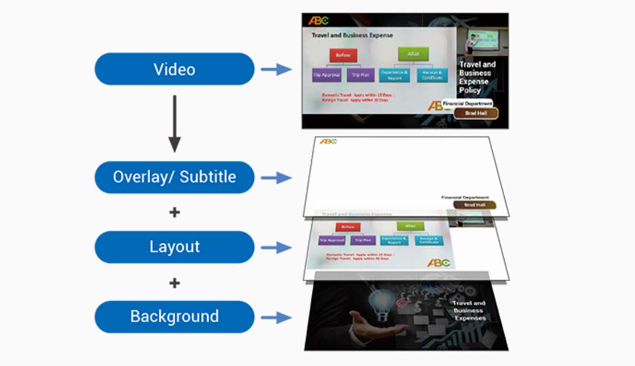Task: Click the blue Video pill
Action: pyautogui.click(x=174, y=69)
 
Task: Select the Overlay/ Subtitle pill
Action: pyautogui.click(x=174, y=177)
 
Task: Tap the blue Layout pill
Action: pyautogui.click(x=174, y=247)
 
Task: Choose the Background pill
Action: pyautogui.click(x=174, y=317)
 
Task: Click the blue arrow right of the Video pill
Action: pyautogui.click(x=276, y=69)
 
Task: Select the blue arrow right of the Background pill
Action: pyautogui.click(x=276, y=317)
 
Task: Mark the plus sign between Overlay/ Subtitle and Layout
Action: pyautogui.click(x=174, y=213)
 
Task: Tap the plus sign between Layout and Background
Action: pyautogui.click(x=174, y=282)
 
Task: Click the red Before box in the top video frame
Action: pyautogui.click(x=343, y=55)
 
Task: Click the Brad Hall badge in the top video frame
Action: pyautogui.click(x=476, y=113)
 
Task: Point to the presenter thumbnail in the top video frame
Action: pyautogui.click(x=476, y=43)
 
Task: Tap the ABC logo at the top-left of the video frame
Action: pyautogui.click(x=318, y=21)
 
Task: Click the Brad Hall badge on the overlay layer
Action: pyautogui.click(x=475, y=205)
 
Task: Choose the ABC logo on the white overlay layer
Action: pyautogui.click(x=328, y=142)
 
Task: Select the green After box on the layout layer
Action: pyautogui.click(x=410, y=226)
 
